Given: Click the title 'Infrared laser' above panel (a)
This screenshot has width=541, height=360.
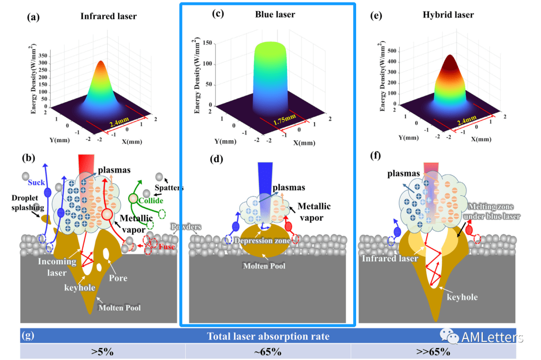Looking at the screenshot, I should tap(108, 17).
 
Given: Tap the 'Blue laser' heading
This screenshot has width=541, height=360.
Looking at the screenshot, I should tap(275, 15).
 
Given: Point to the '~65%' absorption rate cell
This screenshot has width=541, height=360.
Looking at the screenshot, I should tap(268, 351).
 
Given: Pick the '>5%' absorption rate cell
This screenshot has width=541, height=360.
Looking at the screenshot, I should tap(102, 351).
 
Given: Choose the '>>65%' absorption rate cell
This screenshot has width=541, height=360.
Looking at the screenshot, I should tap(433, 351).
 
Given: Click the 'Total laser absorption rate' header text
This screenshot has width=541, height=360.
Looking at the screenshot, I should tap(268, 336).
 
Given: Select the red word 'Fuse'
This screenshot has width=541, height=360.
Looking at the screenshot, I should tap(167, 246).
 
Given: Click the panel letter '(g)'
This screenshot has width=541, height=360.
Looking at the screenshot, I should tap(30, 336).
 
